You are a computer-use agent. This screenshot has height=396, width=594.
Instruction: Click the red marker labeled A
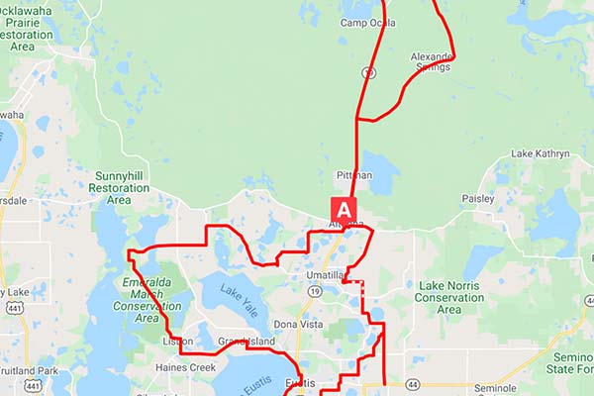[x=344, y=210]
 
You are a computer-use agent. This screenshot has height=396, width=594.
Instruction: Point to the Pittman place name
[x=353, y=175]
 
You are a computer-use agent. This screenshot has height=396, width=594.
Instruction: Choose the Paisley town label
[x=477, y=199]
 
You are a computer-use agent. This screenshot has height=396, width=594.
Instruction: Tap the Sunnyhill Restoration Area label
[x=120, y=187]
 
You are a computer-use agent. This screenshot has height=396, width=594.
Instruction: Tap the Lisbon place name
[x=177, y=342]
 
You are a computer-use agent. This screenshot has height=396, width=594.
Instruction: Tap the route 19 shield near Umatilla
[x=313, y=292]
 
